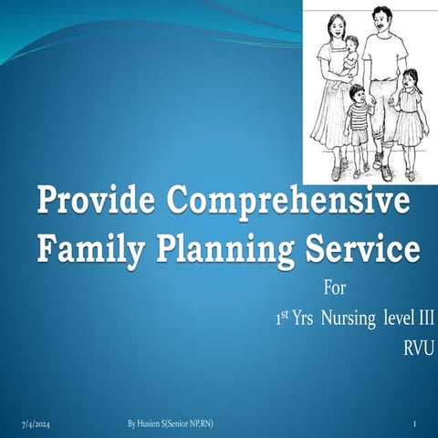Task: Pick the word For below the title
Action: pyautogui.click(x=335, y=295)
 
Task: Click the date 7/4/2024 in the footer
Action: pyautogui.click(x=36, y=425)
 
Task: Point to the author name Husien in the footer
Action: pyautogui.click(x=156, y=425)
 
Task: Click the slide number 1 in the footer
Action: pyautogui.click(x=414, y=425)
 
